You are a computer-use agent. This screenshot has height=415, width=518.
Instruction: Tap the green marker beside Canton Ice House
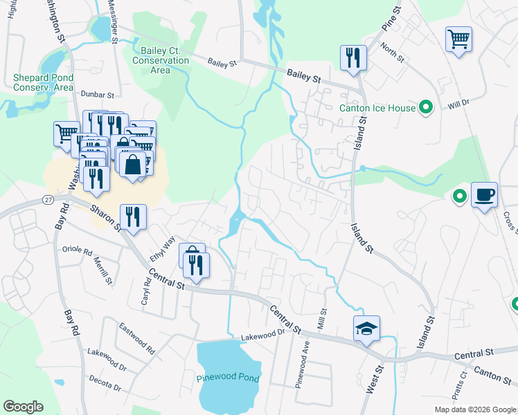click(x=427, y=107)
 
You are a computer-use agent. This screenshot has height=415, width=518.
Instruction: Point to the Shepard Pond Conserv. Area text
click(x=43, y=82)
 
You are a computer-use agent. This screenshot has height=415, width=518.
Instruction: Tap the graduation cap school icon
click(x=366, y=328)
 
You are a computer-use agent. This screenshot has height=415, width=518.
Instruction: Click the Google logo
click(x=23, y=407)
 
